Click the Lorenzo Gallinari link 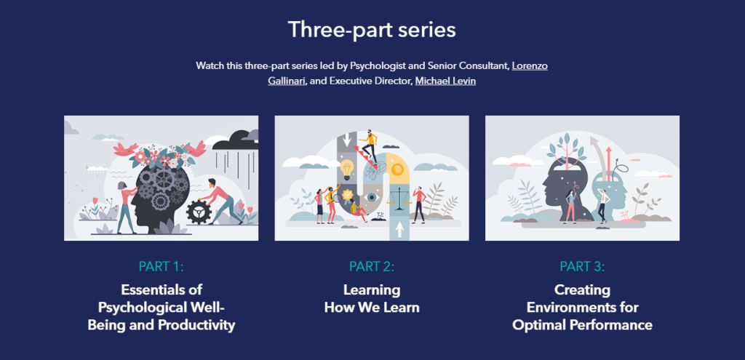tap(530, 66)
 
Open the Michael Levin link tap(445, 81)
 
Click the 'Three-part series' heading tap(372, 30)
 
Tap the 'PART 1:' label tap(161, 266)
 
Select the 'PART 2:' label tap(372, 266)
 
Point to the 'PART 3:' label tap(582, 266)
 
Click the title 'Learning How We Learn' tap(372, 298)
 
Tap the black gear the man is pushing tap(198, 212)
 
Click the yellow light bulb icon tap(346, 169)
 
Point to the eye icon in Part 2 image tap(371, 196)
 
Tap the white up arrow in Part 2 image tap(399, 230)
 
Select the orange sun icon tap(397, 169)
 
